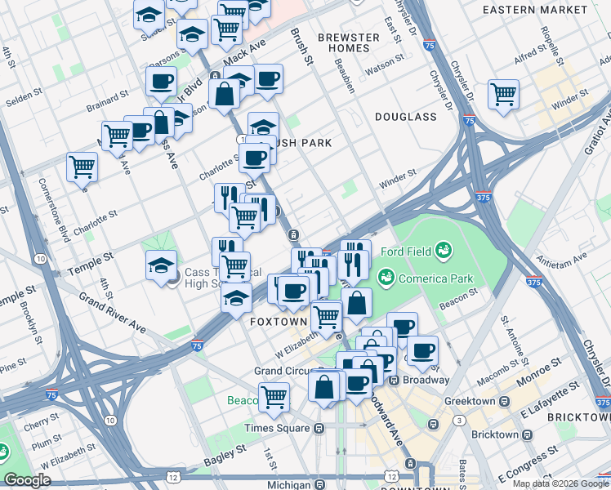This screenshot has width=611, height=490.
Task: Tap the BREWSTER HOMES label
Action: coord(349,42)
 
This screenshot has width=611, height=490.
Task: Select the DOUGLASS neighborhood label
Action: coord(406,117)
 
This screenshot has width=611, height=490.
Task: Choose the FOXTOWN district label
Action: coord(274,322)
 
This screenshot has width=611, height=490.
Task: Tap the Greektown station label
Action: coord(472,401)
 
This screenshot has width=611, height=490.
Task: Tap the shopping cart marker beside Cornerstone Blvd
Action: coord(83,167)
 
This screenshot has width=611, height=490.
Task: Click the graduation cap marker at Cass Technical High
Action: coord(161,265)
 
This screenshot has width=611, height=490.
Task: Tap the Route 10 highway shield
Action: coord(39,259)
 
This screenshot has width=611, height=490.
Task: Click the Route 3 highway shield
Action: coord(461,420)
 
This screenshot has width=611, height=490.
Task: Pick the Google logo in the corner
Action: coord(28,480)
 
